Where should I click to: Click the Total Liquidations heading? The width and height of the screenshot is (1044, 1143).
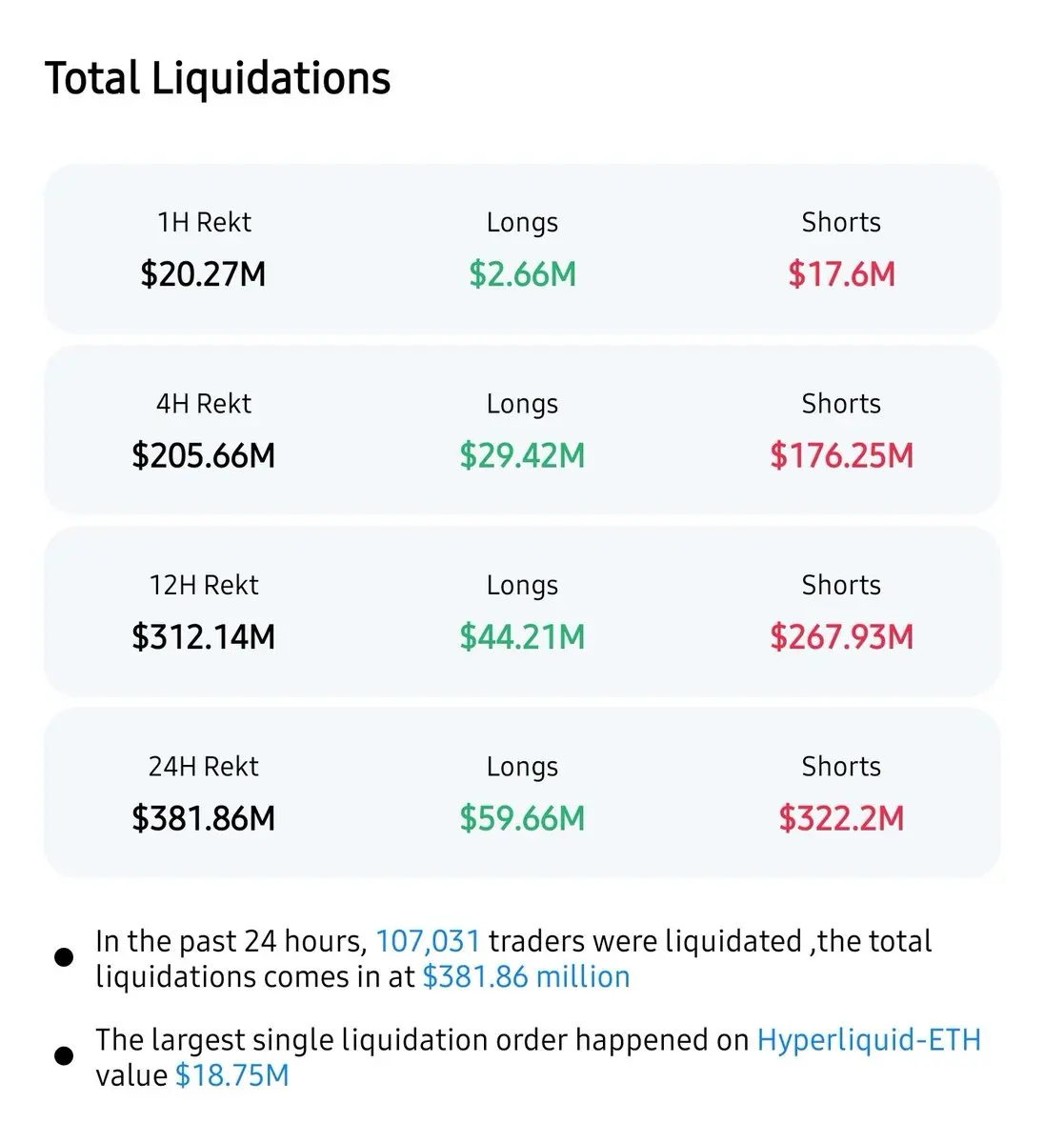click(x=217, y=78)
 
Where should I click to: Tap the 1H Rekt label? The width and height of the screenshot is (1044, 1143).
click(x=204, y=222)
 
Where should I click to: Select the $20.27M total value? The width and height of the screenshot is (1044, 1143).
click(x=203, y=274)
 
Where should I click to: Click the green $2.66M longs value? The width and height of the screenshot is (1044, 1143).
click(x=522, y=274)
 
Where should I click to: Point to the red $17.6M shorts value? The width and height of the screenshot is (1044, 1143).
click(x=841, y=274)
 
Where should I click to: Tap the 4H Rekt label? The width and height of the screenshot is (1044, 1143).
click(x=204, y=404)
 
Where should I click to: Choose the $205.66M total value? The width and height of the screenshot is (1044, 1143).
click(x=203, y=455)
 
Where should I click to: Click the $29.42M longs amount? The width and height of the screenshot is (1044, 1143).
click(x=522, y=455)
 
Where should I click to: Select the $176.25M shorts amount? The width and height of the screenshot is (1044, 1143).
click(x=841, y=455)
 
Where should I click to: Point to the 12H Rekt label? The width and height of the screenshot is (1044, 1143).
click(x=204, y=585)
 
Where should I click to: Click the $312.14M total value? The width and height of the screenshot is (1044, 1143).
click(x=203, y=636)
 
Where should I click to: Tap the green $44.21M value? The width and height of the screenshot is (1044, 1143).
click(x=522, y=636)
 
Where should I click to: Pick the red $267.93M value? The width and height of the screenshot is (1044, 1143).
click(x=841, y=636)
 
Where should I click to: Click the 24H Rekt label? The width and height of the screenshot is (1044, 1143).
click(x=204, y=766)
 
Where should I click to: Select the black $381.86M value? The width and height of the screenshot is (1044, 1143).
click(x=203, y=818)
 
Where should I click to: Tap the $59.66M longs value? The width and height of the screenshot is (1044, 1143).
click(x=522, y=818)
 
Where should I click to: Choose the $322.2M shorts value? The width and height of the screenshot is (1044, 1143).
click(x=841, y=818)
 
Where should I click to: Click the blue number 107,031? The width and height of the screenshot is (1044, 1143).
click(x=428, y=941)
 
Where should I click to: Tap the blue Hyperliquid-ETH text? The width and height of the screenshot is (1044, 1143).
click(x=868, y=1039)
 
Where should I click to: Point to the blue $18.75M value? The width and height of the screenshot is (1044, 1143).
click(x=231, y=1075)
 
